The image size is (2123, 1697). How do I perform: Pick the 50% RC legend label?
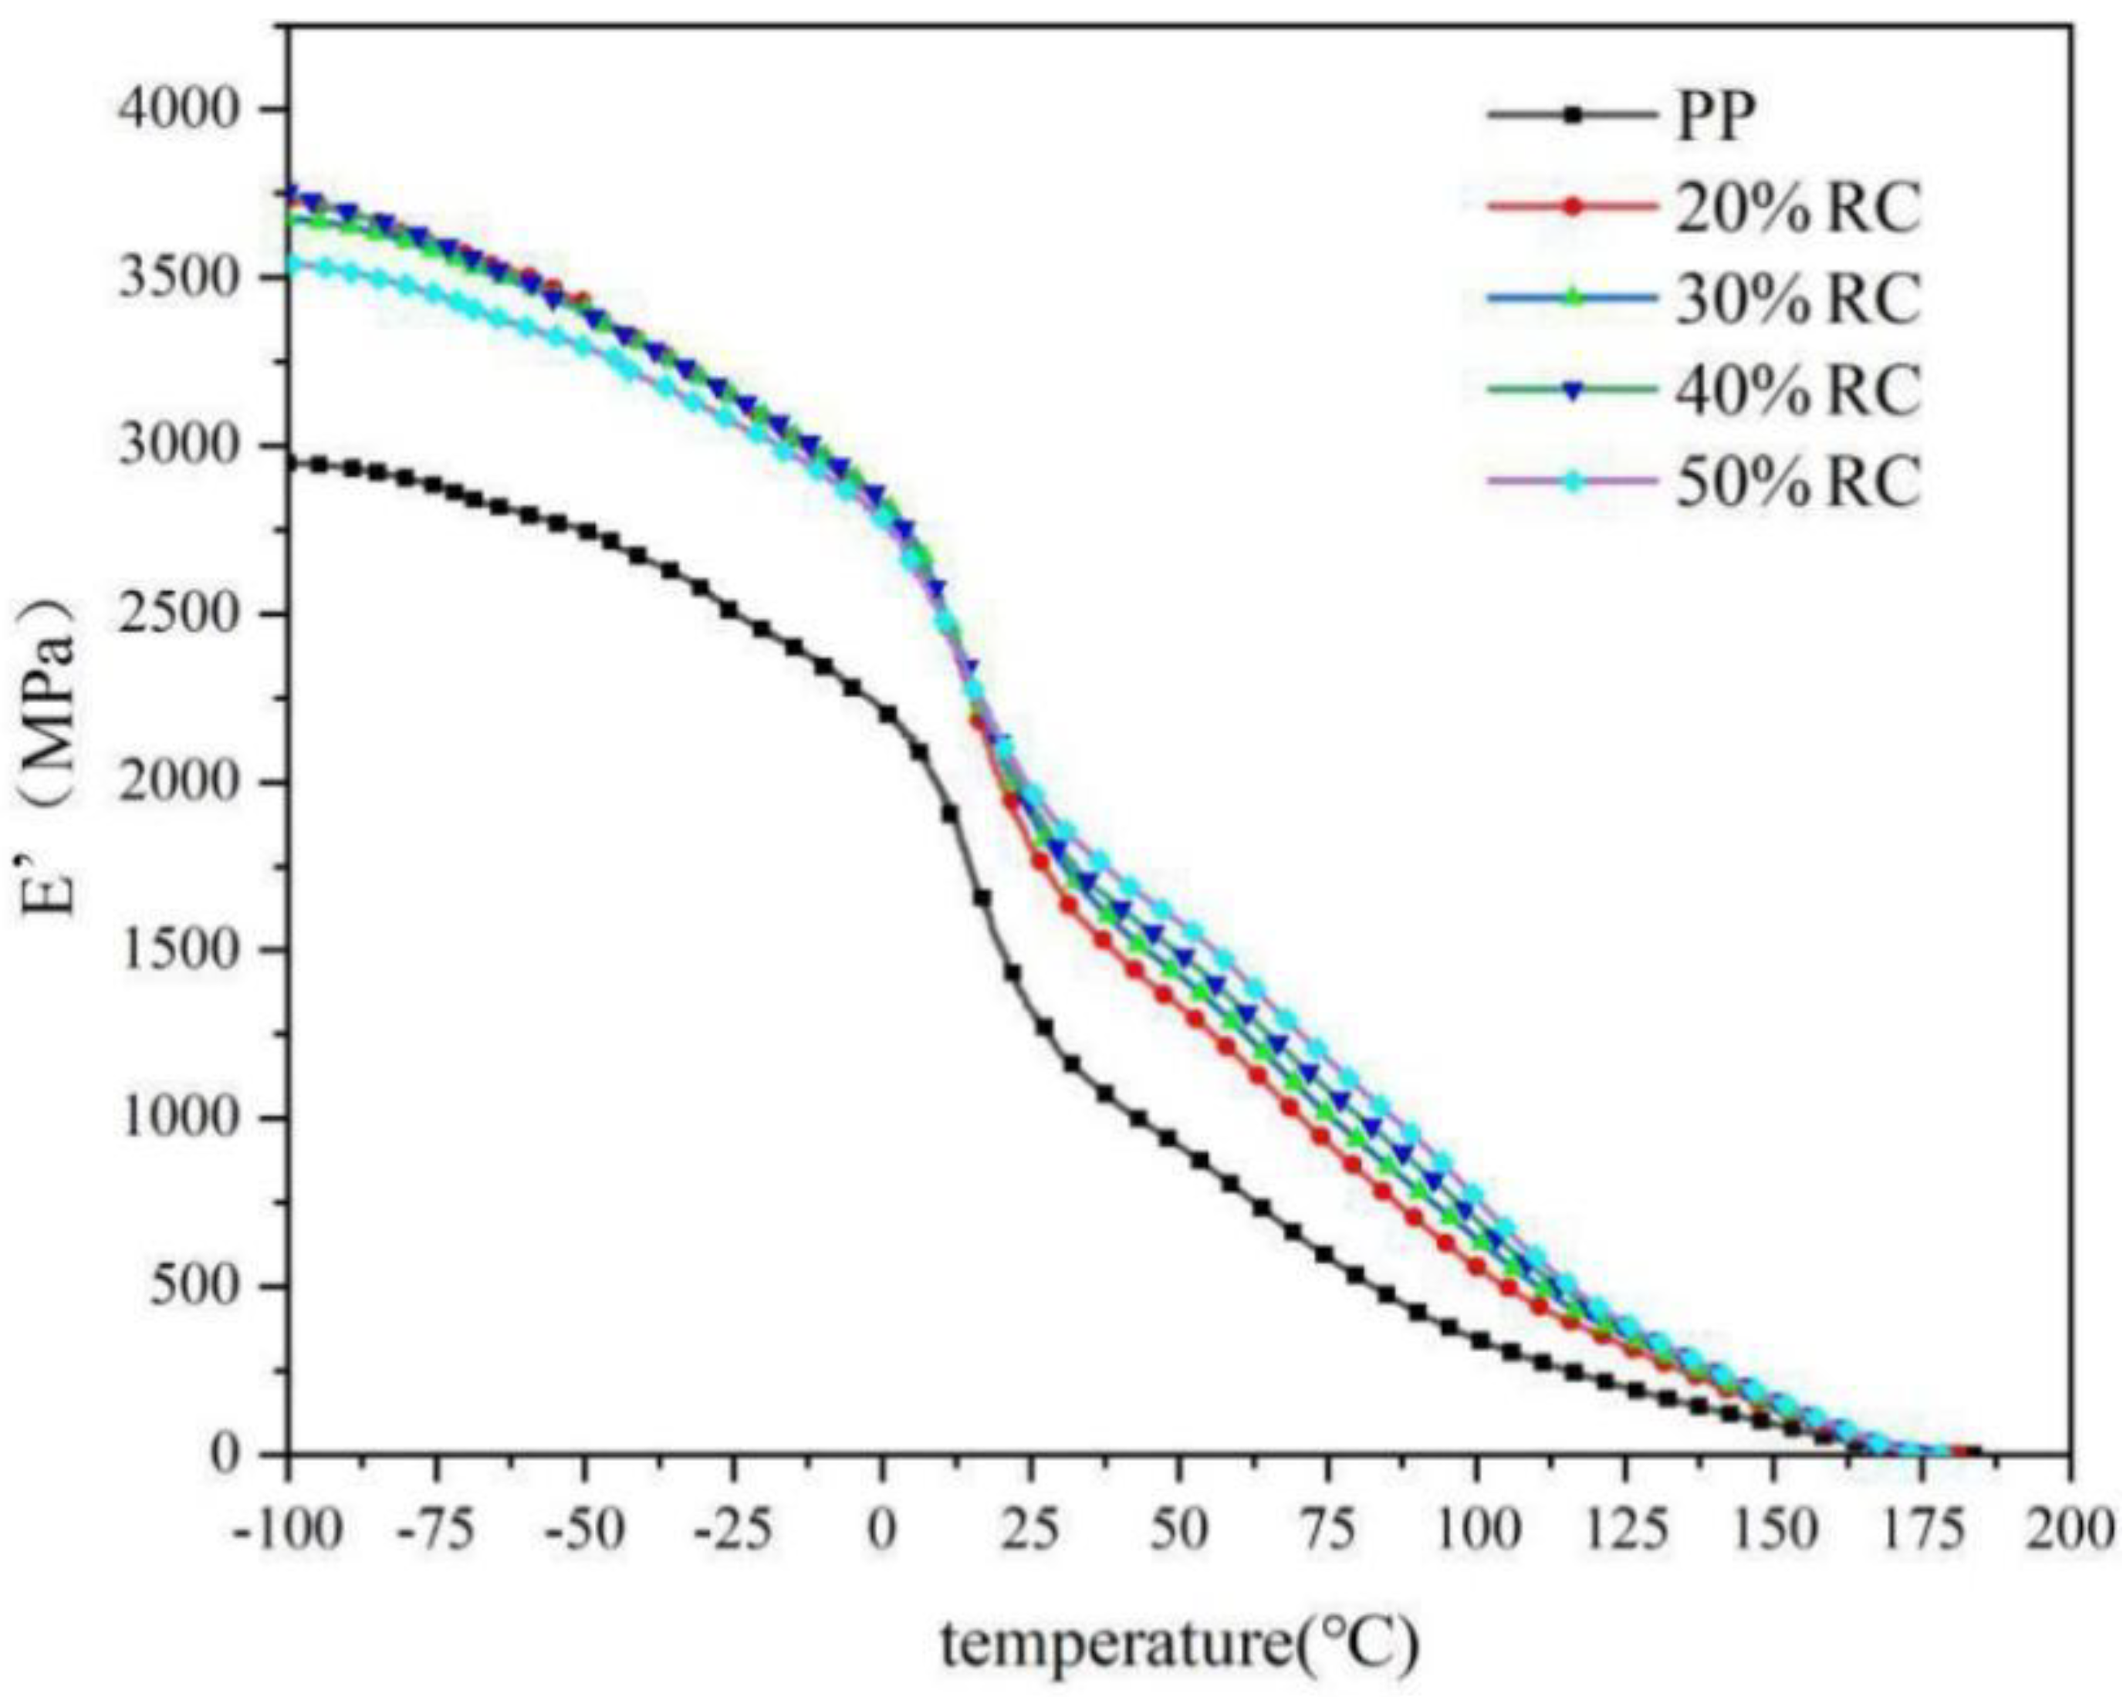pos(1798,482)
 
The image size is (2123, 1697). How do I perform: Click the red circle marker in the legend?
pos(1573,207)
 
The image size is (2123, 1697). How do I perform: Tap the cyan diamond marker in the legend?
pos(1573,482)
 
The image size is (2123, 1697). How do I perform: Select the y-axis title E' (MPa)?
pos(51,759)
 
